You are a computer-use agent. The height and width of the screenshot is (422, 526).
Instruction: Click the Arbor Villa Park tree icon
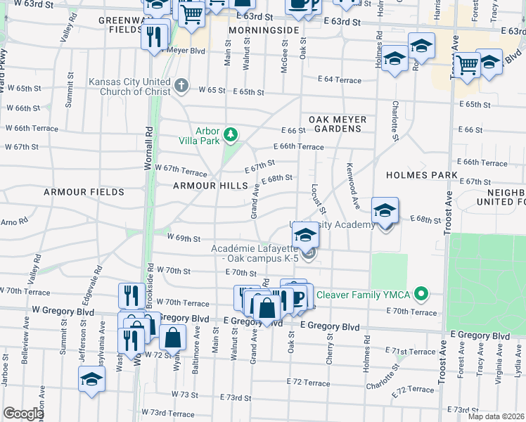(229, 134)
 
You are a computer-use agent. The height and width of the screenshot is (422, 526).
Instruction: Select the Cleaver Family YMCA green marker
(421, 293)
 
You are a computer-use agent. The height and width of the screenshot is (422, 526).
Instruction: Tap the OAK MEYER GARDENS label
(336, 124)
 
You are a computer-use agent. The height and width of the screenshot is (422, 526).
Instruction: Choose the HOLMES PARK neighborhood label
(422, 175)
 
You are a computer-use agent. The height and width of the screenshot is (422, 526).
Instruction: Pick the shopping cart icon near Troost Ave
(467, 65)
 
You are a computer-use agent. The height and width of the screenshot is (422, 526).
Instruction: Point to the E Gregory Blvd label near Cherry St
(330, 327)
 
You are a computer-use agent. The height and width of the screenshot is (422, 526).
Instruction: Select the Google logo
(23, 413)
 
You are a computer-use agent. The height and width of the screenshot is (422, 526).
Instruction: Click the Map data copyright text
(496, 416)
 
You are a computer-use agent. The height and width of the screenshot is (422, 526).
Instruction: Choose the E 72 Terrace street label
(308, 383)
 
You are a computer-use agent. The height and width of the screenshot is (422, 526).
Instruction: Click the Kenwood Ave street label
(353, 181)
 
